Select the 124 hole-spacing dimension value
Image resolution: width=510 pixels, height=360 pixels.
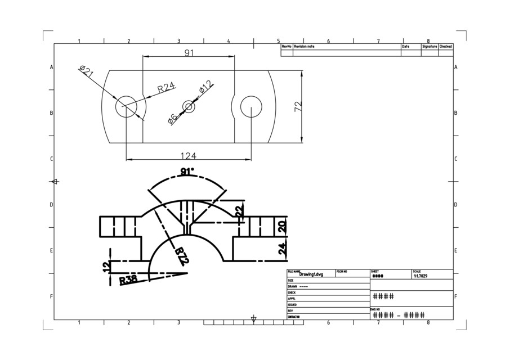189,156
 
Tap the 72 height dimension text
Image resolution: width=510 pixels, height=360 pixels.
298,105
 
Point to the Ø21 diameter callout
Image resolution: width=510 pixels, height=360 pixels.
86,71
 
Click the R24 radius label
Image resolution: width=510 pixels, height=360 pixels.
166,87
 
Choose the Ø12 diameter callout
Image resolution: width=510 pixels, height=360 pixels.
205,87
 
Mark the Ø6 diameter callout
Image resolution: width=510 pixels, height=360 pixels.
173,118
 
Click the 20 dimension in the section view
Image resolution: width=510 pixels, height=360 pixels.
283,226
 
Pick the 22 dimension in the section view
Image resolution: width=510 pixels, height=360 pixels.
239,211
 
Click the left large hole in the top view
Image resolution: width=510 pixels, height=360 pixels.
127,106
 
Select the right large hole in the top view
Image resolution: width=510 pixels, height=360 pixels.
251,106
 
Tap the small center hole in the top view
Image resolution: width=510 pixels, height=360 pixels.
189,106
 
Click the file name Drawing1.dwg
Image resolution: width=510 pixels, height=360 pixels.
311,274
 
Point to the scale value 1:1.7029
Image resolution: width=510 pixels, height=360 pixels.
420,276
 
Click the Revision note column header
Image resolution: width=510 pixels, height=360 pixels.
304,47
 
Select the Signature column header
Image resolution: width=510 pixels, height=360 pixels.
430,47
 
